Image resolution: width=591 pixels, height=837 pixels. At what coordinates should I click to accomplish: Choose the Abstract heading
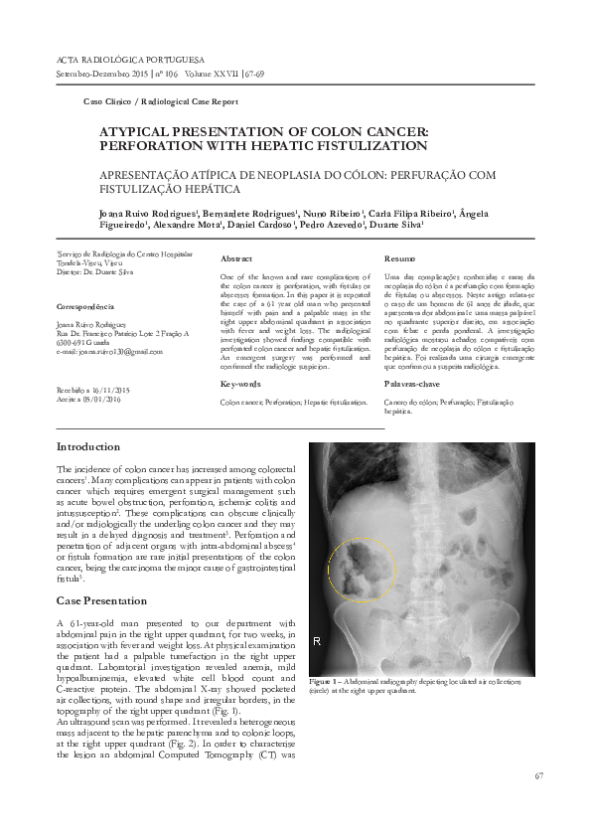point(236,257)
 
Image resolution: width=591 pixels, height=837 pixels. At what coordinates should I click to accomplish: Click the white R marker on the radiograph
point(317,642)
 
